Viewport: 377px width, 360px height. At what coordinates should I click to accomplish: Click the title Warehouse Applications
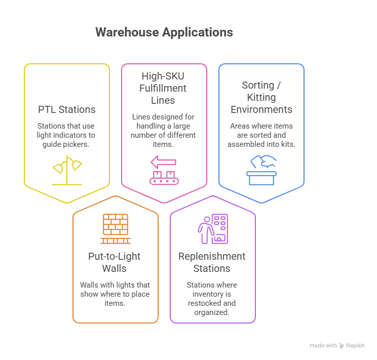click(164, 32)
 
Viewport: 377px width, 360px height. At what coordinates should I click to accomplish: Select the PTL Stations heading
click(66, 109)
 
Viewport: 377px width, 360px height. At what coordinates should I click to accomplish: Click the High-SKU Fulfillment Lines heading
click(164, 88)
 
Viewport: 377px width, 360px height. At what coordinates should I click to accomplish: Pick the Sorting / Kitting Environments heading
click(261, 97)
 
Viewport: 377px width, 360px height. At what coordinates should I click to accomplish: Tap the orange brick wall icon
click(116, 229)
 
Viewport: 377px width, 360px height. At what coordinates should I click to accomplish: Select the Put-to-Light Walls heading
click(116, 262)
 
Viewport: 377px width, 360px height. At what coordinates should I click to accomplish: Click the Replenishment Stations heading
click(212, 262)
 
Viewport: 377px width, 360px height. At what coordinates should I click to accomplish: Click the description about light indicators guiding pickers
click(66, 135)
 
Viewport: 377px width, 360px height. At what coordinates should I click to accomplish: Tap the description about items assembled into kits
click(261, 135)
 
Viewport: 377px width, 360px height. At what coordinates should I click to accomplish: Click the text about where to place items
click(115, 294)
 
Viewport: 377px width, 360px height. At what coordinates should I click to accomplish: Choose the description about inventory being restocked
click(212, 299)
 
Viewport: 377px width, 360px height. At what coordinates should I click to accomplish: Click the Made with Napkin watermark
click(337, 346)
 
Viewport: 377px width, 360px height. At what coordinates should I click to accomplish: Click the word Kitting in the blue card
click(261, 97)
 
